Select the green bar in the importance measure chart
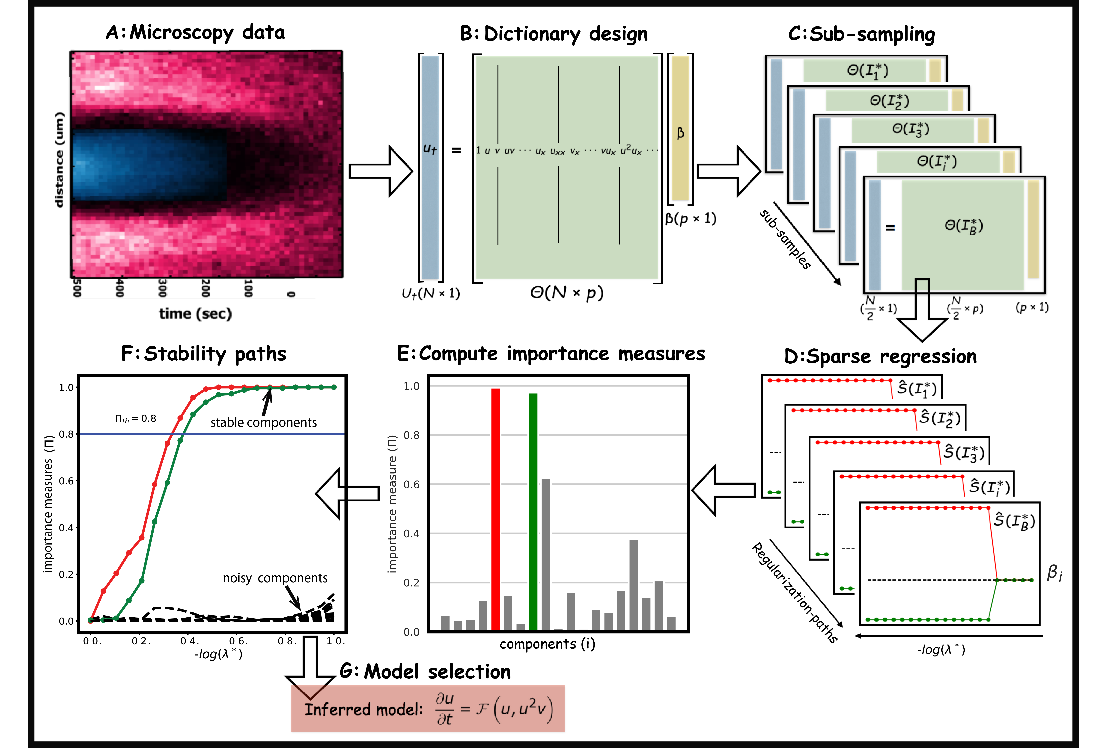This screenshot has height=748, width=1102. (x=533, y=512)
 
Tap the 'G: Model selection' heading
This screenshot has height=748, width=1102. (x=425, y=672)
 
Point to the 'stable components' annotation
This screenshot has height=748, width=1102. (x=264, y=422)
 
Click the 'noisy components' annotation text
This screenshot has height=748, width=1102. (x=275, y=578)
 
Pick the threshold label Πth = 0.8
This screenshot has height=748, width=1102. (x=136, y=418)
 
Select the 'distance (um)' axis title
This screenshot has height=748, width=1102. (x=59, y=160)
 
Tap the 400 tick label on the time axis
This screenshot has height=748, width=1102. (x=120, y=288)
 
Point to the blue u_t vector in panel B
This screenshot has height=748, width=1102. (x=430, y=167)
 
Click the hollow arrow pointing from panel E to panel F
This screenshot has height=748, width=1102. (x=348, y=493)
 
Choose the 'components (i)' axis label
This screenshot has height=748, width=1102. (x=547, y=644)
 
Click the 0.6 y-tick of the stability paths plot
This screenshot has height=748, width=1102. (x=66, y=481)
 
